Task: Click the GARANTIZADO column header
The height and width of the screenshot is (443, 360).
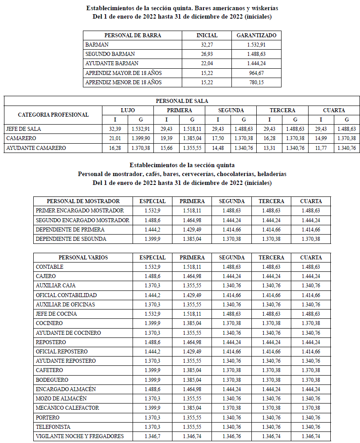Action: coord(256,35)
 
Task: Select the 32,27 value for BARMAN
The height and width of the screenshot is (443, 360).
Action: coord(207,45)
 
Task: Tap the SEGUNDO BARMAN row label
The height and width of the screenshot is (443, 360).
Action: coord(110,54)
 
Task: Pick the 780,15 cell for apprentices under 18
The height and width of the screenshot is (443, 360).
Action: coord(256,82)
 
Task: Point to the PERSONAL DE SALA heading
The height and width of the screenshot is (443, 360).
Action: coord(182,101)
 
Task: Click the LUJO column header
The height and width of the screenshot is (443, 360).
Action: coord(128,110)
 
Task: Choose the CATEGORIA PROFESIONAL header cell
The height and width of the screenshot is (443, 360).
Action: coord(53,115)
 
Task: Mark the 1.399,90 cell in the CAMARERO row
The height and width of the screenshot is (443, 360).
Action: coord(141,138)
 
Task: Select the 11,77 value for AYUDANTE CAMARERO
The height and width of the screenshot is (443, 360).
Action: coord(321,148)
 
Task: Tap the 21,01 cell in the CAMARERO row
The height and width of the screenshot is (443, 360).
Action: coord(115,138)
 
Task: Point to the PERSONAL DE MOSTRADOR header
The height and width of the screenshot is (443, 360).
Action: coord(83,201)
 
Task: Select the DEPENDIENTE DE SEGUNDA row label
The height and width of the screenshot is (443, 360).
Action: coord(71,239)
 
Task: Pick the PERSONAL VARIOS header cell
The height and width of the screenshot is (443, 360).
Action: coord(83,258)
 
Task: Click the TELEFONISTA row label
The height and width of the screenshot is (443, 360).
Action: coord(53,427)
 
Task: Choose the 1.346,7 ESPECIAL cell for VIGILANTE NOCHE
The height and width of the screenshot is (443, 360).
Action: coord(152,436)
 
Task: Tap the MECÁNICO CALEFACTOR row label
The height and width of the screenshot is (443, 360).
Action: coord(67,408)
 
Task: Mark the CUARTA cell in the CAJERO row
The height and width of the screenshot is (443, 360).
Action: coord(310,276)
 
